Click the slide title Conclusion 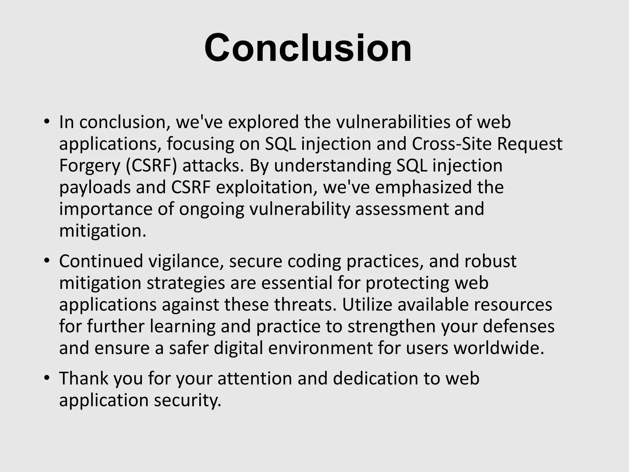[308, 48]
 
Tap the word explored [263, 122]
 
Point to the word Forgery [89, 166]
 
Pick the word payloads [95, 188]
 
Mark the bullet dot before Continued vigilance [46, 261]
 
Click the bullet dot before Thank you [46, 378]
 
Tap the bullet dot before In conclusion [46, 122]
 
